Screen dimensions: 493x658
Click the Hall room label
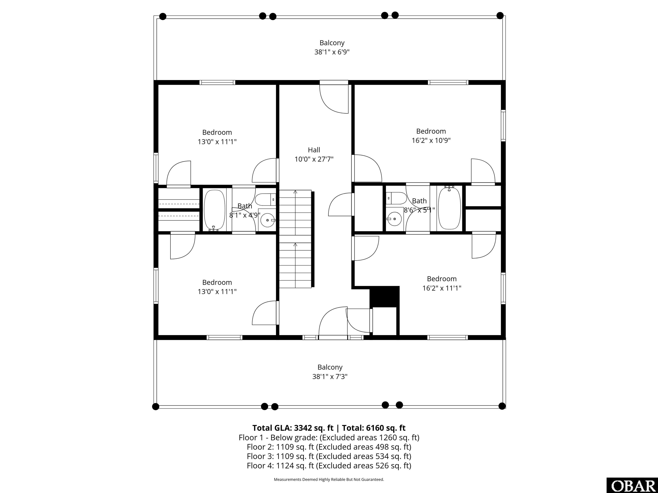coord(314,150)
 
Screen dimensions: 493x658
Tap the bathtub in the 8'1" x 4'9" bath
coord(214,209)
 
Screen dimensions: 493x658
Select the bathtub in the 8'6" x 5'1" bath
coord(449,208)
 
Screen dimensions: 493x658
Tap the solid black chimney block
coord(384,297)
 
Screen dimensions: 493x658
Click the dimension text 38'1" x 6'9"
coord(332,52)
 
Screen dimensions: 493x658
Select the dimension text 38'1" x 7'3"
coord(330,377)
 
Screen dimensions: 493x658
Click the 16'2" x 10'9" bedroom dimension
coord(431,141)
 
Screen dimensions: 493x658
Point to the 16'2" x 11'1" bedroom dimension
coord(441,288)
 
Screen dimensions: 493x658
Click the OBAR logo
coord(632,486)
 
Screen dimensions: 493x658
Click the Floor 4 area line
coord(329,465)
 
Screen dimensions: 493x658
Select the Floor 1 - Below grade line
coord(329,437)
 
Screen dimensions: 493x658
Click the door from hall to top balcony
coord(334,98)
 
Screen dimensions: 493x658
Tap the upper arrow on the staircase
coord(295,193)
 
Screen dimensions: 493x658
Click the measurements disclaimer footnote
coord(329,479)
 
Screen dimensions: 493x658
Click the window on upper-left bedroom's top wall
coord(217,82)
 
